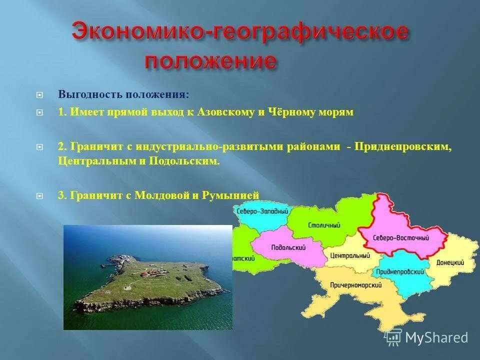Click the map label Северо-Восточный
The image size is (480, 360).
point(401,238)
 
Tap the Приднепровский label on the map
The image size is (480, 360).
point(397,271)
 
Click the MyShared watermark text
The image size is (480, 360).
point(436,338)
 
